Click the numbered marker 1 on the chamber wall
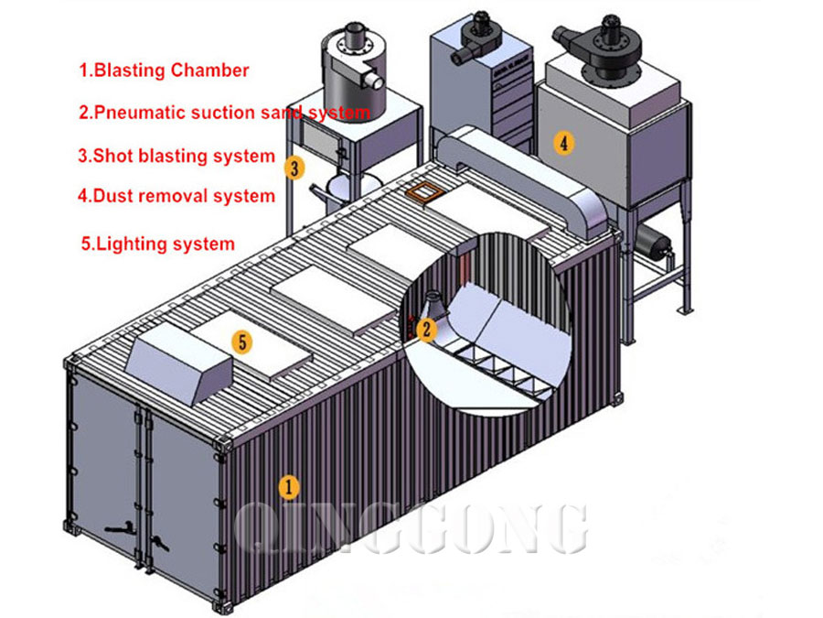click(x=288, y=486)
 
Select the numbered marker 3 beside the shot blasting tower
click(x=294, y=168)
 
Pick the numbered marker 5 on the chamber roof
click(x=242, y=342)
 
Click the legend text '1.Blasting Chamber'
click(x=164, y=70)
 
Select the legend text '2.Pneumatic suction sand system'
click(x=224, y=113)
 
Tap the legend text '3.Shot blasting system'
click(x=176, y=156)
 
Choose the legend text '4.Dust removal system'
click(x=176, y=195)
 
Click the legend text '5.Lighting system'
click(x=158, y=244)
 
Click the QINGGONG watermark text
click(x=411, y=528)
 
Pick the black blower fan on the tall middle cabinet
click(x=476, y=37)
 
